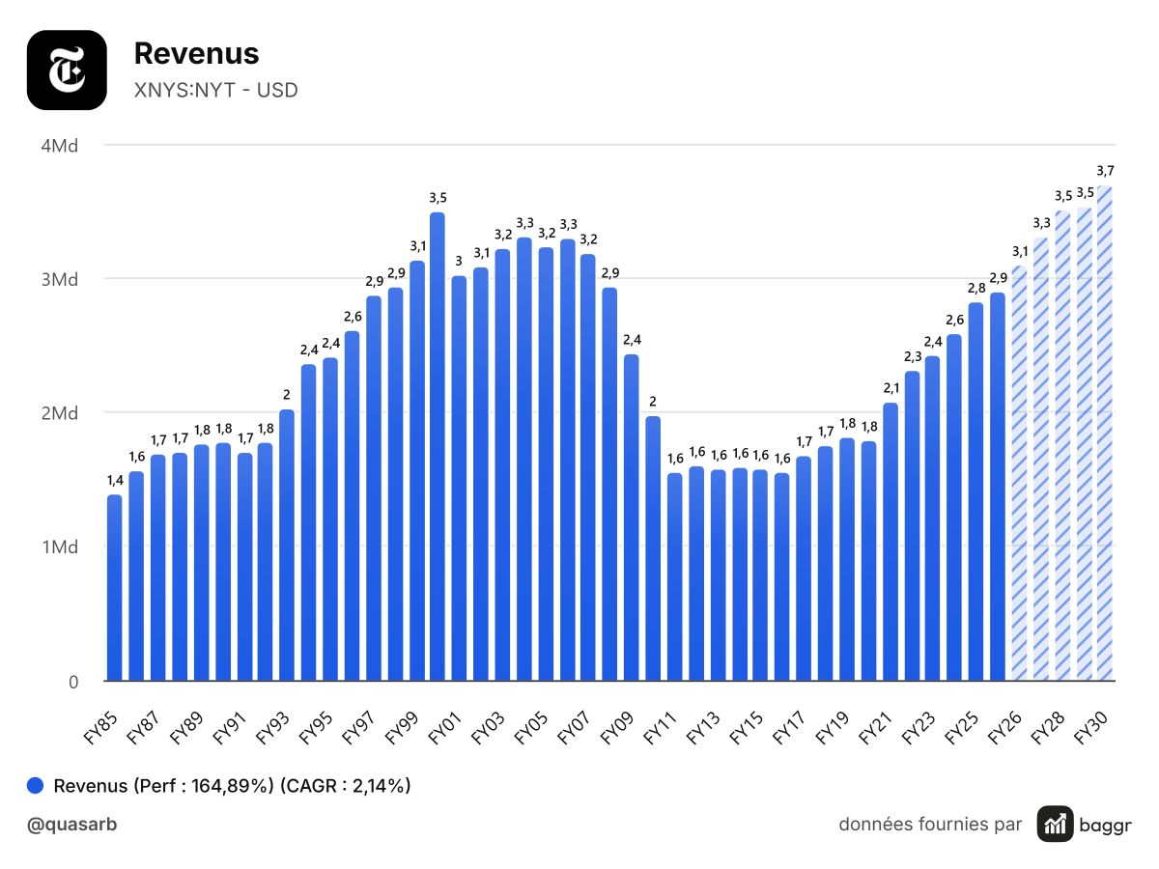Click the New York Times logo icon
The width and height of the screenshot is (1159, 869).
[67, 70]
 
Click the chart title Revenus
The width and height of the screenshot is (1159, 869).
[196, 53]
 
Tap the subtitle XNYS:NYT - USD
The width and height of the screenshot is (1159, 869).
[215, 90]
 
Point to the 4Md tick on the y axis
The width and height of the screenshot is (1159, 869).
[60, 146]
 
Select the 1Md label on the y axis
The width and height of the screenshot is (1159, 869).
[60, 547]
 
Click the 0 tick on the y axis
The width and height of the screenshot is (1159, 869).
[73, 682]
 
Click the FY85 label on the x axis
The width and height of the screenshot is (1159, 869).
[100, 728]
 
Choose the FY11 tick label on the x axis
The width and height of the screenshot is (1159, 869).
[660, 728]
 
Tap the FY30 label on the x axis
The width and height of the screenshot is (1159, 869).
[1090, 728]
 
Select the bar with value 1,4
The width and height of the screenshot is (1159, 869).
[115, 588]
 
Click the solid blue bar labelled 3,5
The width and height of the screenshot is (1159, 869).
[438, 446]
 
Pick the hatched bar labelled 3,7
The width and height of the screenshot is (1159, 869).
[1105, 434]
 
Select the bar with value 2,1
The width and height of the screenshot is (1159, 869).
[890, 542]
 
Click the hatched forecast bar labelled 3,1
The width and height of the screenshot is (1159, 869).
[1019, 473]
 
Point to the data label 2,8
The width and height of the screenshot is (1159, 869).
[976, 288]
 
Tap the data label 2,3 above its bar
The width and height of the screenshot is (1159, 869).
[913, 356]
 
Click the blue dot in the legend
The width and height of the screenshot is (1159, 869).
[35, 785]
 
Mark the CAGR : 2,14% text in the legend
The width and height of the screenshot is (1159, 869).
[346, 786]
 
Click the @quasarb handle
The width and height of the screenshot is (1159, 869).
[71, 825]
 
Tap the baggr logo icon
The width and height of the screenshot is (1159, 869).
[1055, 824]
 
